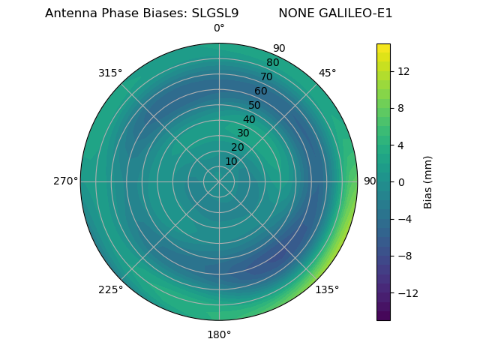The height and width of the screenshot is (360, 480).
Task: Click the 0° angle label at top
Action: pos(219,28)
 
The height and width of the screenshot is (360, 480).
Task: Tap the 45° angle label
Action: pos(327,73)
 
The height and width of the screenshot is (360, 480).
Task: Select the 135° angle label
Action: pos(327,289)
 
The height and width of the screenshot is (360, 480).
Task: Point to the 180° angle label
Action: pos(219,334)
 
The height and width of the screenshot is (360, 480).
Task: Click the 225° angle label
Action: pos(110,289)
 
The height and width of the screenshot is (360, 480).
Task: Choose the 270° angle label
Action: pos(65,181)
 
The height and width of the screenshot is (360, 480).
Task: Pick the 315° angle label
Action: pos(110,73)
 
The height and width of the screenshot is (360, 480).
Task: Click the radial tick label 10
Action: pos(231,161)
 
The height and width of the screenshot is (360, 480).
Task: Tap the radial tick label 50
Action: pos(254,106)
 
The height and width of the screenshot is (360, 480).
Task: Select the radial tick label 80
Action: pos(272,62)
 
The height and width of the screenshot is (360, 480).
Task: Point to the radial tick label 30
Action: pos(243,133)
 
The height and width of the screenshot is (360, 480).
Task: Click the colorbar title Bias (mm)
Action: pos(428,182)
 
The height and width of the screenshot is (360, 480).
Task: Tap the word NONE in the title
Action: pos(293,13)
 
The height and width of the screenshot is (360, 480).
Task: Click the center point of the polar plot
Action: pos(219,181)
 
